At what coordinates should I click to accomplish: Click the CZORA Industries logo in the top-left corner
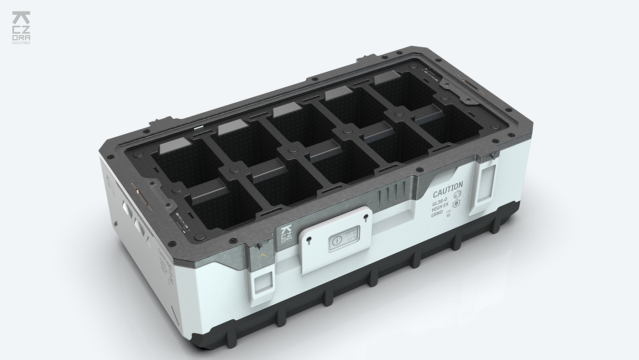click(x=21, y=27)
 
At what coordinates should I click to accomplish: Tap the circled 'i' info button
click(x=337, y=240)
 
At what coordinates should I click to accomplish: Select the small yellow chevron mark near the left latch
click(x=261, y=257)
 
